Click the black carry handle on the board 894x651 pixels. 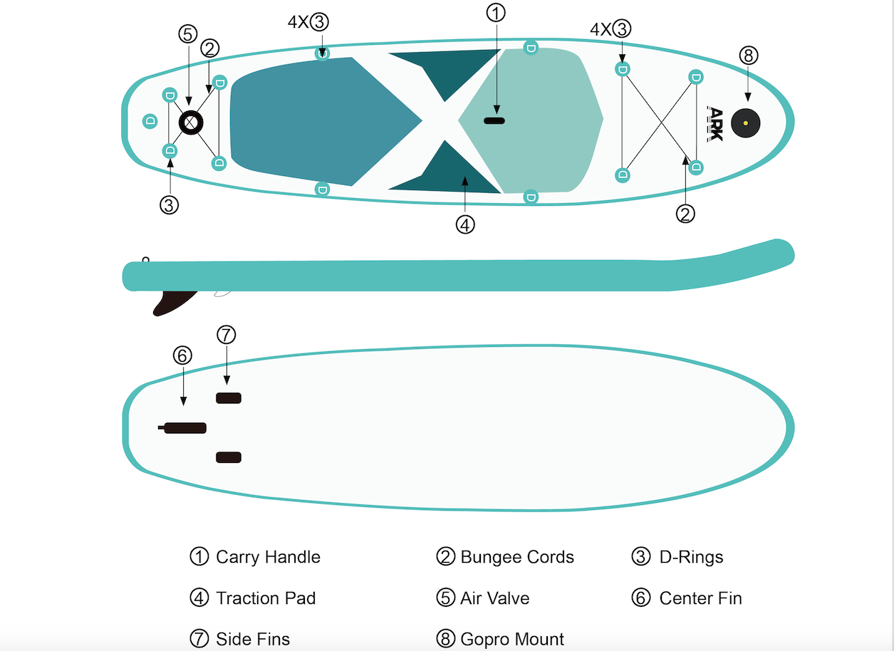pos(494,120)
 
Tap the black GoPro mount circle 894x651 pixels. pos(745,123)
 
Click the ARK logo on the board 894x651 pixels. pos(714,123)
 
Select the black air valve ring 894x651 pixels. pos(190,123)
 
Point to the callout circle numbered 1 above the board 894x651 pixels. pos(496,12)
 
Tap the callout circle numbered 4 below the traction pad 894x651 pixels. pos(464,224)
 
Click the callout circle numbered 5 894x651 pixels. pos(188,33)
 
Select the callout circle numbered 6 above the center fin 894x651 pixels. pos(182,355)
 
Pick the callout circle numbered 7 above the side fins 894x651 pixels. pos(226,335)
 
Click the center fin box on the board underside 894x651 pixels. pos(184,427)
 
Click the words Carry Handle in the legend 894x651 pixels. pos(268,557)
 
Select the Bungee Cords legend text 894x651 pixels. pos(517,557)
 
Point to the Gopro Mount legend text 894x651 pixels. pos(512,639)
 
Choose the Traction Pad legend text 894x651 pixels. pos(266,598)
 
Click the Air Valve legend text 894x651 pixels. pos(494,598)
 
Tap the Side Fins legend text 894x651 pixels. pos(253,639)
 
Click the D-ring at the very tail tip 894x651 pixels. pos(150,120)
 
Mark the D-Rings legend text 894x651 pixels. pos(691,557)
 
